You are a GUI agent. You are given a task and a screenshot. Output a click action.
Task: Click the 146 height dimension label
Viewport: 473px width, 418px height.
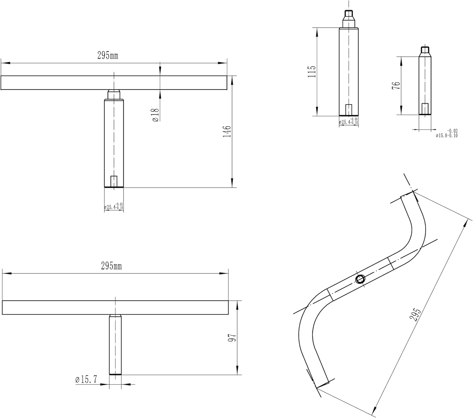227,131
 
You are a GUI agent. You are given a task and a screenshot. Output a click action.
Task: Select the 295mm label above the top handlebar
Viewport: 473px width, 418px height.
108,56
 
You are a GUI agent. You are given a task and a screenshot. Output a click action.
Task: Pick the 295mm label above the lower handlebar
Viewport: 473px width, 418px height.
111,266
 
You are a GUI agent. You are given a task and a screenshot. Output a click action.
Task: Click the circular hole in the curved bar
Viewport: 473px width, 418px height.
359,279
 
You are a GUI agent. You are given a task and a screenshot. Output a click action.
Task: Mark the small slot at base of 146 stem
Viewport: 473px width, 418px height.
114,181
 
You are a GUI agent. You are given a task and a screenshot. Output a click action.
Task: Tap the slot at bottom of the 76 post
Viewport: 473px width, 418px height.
425,108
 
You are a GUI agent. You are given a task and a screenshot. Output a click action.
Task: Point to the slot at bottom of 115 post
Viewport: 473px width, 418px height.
348,110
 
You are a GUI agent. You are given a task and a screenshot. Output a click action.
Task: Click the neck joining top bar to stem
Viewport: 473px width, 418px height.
114,94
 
